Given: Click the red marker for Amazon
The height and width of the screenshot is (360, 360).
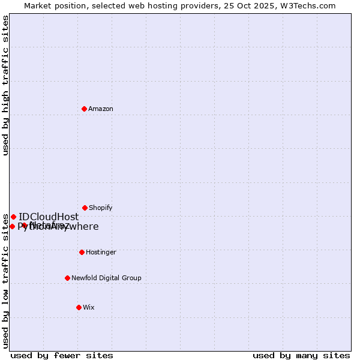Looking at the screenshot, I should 85,109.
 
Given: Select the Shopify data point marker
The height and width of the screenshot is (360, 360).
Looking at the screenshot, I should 85,208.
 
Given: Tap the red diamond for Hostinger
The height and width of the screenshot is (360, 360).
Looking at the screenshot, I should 82,252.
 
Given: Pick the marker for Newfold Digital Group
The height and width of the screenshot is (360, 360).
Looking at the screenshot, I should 68,278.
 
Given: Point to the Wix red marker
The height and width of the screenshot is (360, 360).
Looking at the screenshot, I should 79,307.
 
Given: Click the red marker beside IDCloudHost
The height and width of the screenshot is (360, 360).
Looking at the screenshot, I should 13,217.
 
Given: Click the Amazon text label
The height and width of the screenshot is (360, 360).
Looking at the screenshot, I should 101,109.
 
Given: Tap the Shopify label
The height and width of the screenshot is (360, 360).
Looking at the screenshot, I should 101,208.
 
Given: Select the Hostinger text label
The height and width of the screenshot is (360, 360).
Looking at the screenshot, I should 101,252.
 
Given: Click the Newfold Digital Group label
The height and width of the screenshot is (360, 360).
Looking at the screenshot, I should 106,278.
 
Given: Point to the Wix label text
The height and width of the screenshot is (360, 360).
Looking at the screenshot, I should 88,307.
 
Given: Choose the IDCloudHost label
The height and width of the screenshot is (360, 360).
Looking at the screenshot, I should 49,217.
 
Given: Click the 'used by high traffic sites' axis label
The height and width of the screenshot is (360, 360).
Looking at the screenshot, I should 5,85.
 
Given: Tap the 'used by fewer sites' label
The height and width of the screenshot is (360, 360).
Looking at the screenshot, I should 62,355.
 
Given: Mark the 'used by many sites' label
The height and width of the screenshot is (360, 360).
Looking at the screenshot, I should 301,355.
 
